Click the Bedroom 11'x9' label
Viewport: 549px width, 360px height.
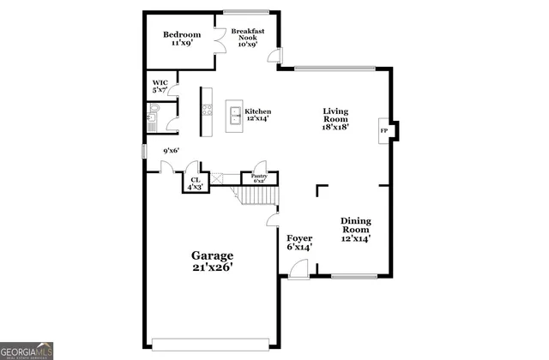(x=181, y=39)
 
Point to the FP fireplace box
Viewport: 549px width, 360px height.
(x=383, y=130)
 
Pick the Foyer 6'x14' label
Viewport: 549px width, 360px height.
(x=299, y=243)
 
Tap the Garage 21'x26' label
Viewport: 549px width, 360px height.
(x=211, y=261)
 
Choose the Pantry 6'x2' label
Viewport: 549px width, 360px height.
(x=258, y=178)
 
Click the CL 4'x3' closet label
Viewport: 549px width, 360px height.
(x=196, y=183)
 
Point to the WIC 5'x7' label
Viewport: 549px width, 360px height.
(x=160, y=87)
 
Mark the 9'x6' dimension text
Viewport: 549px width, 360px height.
(x=171, y=152)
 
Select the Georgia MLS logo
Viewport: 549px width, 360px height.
(x=29, y=351)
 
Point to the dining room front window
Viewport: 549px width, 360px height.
(x=354, y=276)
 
